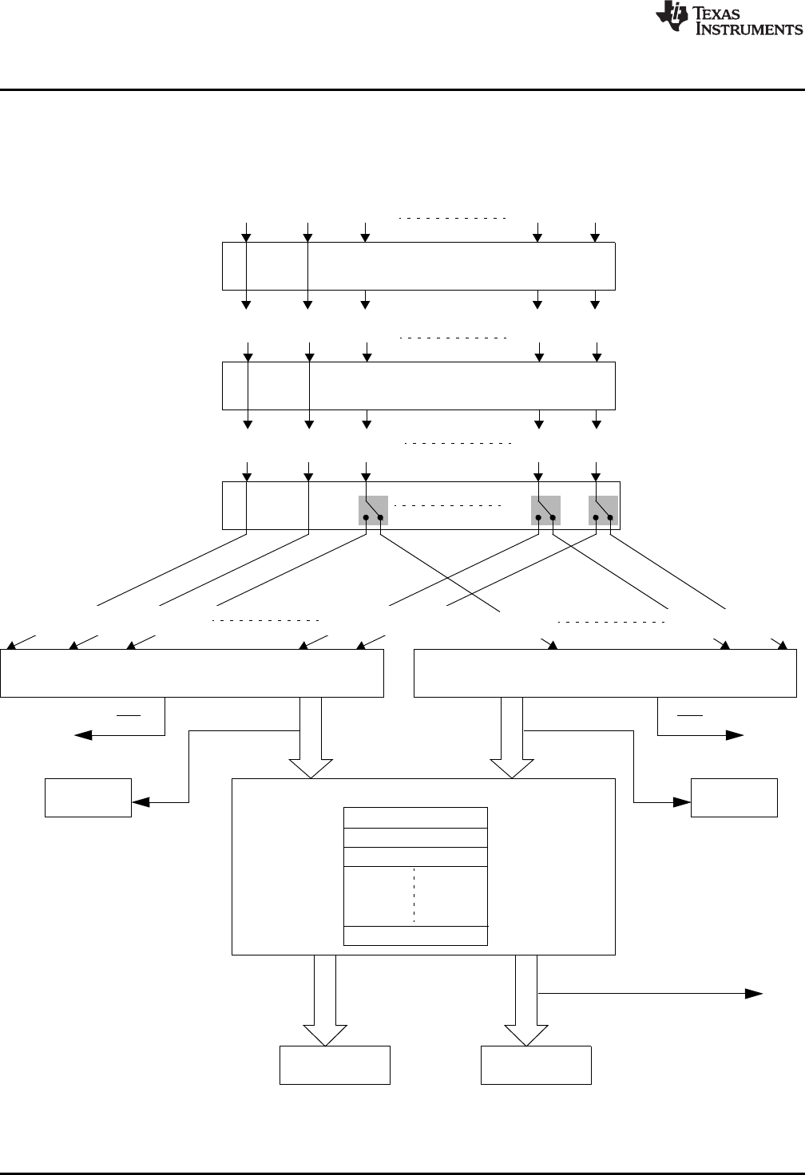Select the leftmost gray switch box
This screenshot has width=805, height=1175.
pos(373,510)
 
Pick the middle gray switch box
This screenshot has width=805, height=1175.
pos(546,510)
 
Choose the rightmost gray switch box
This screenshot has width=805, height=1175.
pos(603,510)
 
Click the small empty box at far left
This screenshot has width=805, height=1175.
pos(88,797)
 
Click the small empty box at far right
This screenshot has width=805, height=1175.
pos(734,797)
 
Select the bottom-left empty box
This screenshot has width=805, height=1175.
pos(335,1065)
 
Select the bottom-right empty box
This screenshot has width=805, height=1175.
pos(536,1065)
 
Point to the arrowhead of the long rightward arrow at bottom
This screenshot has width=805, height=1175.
pos(752,994)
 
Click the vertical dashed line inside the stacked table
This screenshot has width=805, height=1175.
pos(414,896)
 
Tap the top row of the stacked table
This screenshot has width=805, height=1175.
pos(415,817)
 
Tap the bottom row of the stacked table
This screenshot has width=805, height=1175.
pos(415,936)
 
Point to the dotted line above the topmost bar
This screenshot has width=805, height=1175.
pos(453,217)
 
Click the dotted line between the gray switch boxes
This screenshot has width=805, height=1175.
pos(447,506)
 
